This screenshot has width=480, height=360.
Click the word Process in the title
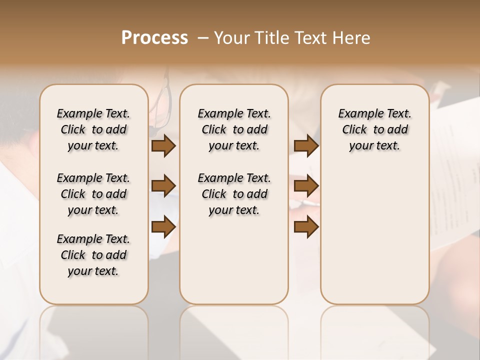pos(154,37)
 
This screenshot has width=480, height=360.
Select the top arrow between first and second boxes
pos(163,145)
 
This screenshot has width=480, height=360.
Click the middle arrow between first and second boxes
pos(163,186)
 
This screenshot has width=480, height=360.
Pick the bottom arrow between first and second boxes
pos(163,226)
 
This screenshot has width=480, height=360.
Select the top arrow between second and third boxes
pos(306,145)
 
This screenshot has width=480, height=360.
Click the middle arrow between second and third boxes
pos(306,186)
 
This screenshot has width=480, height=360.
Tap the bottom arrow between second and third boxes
pos(306,226)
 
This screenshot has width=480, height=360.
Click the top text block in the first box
pos(93,129)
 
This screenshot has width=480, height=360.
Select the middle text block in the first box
pos(93,194)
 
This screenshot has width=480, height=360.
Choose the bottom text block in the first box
pos(93,255)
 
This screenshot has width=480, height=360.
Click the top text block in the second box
pos(234,129)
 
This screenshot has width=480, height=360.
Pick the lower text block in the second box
pos(234,194)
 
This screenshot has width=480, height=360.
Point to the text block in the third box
pos(375,129)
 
